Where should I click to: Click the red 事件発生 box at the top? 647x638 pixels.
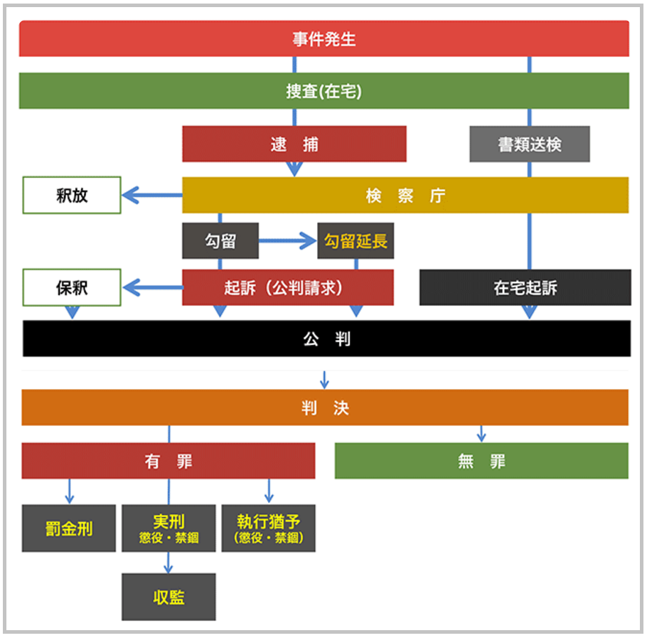(x=323, y=39)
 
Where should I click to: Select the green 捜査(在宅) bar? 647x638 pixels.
(x=323, y=91)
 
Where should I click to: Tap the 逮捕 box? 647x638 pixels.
(x=294, y=144)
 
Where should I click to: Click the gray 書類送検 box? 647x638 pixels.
(x=529, y=144)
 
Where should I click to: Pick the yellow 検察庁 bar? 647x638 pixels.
(x=405, y=196)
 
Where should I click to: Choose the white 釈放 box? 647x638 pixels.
(x=72, y=196)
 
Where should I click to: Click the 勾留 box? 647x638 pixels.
(x=220, y=241)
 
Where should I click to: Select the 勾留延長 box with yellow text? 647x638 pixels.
(x=355, y=241)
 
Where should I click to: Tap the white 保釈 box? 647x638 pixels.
(x=72, y=287)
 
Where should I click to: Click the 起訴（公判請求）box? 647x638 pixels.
(x=287, y=287)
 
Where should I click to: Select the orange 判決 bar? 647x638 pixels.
(x=324, y=408)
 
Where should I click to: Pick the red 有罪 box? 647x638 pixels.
(x=168, y=461)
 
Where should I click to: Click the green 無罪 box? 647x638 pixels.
(x=481, y=461)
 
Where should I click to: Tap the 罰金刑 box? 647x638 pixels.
(x=68, y=528)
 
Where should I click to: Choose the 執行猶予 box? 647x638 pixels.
(x=268, y=528)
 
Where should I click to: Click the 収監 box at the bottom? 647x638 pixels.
(x=169, y=597)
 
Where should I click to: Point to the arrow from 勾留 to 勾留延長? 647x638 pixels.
(x=287, y=242)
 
